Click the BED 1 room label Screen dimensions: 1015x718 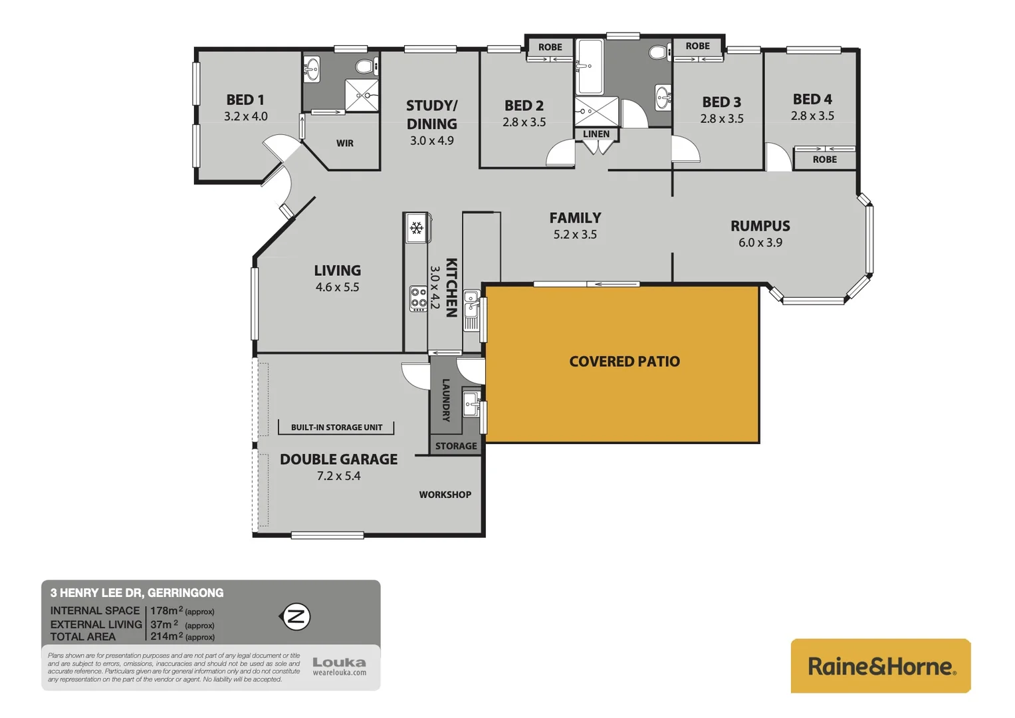[245, 100]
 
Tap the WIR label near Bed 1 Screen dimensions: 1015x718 [344, 143]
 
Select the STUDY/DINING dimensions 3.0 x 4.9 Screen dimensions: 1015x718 [431, 141]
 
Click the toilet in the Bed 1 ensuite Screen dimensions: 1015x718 [364, 66]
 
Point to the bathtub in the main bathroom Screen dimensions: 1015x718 [589, 66]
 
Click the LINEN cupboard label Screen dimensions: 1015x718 [596, 134]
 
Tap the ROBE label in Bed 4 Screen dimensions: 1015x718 [824, 160]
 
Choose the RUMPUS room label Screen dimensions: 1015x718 [760, 226]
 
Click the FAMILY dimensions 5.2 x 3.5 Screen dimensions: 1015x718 [575, 235]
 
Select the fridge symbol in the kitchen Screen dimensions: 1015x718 [417, 229]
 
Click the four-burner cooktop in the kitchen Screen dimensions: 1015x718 [418, 299]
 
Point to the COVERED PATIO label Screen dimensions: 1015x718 [624, 362]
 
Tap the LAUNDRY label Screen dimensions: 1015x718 [446, 400]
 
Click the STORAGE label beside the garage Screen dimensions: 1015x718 [456, 446]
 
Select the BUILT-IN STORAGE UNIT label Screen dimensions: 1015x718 [336, 427]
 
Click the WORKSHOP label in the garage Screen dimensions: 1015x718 [445, 495]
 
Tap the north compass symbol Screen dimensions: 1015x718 [296, 616]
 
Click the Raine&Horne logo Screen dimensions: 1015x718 [880, 666]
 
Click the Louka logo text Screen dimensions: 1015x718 [339, 662]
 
